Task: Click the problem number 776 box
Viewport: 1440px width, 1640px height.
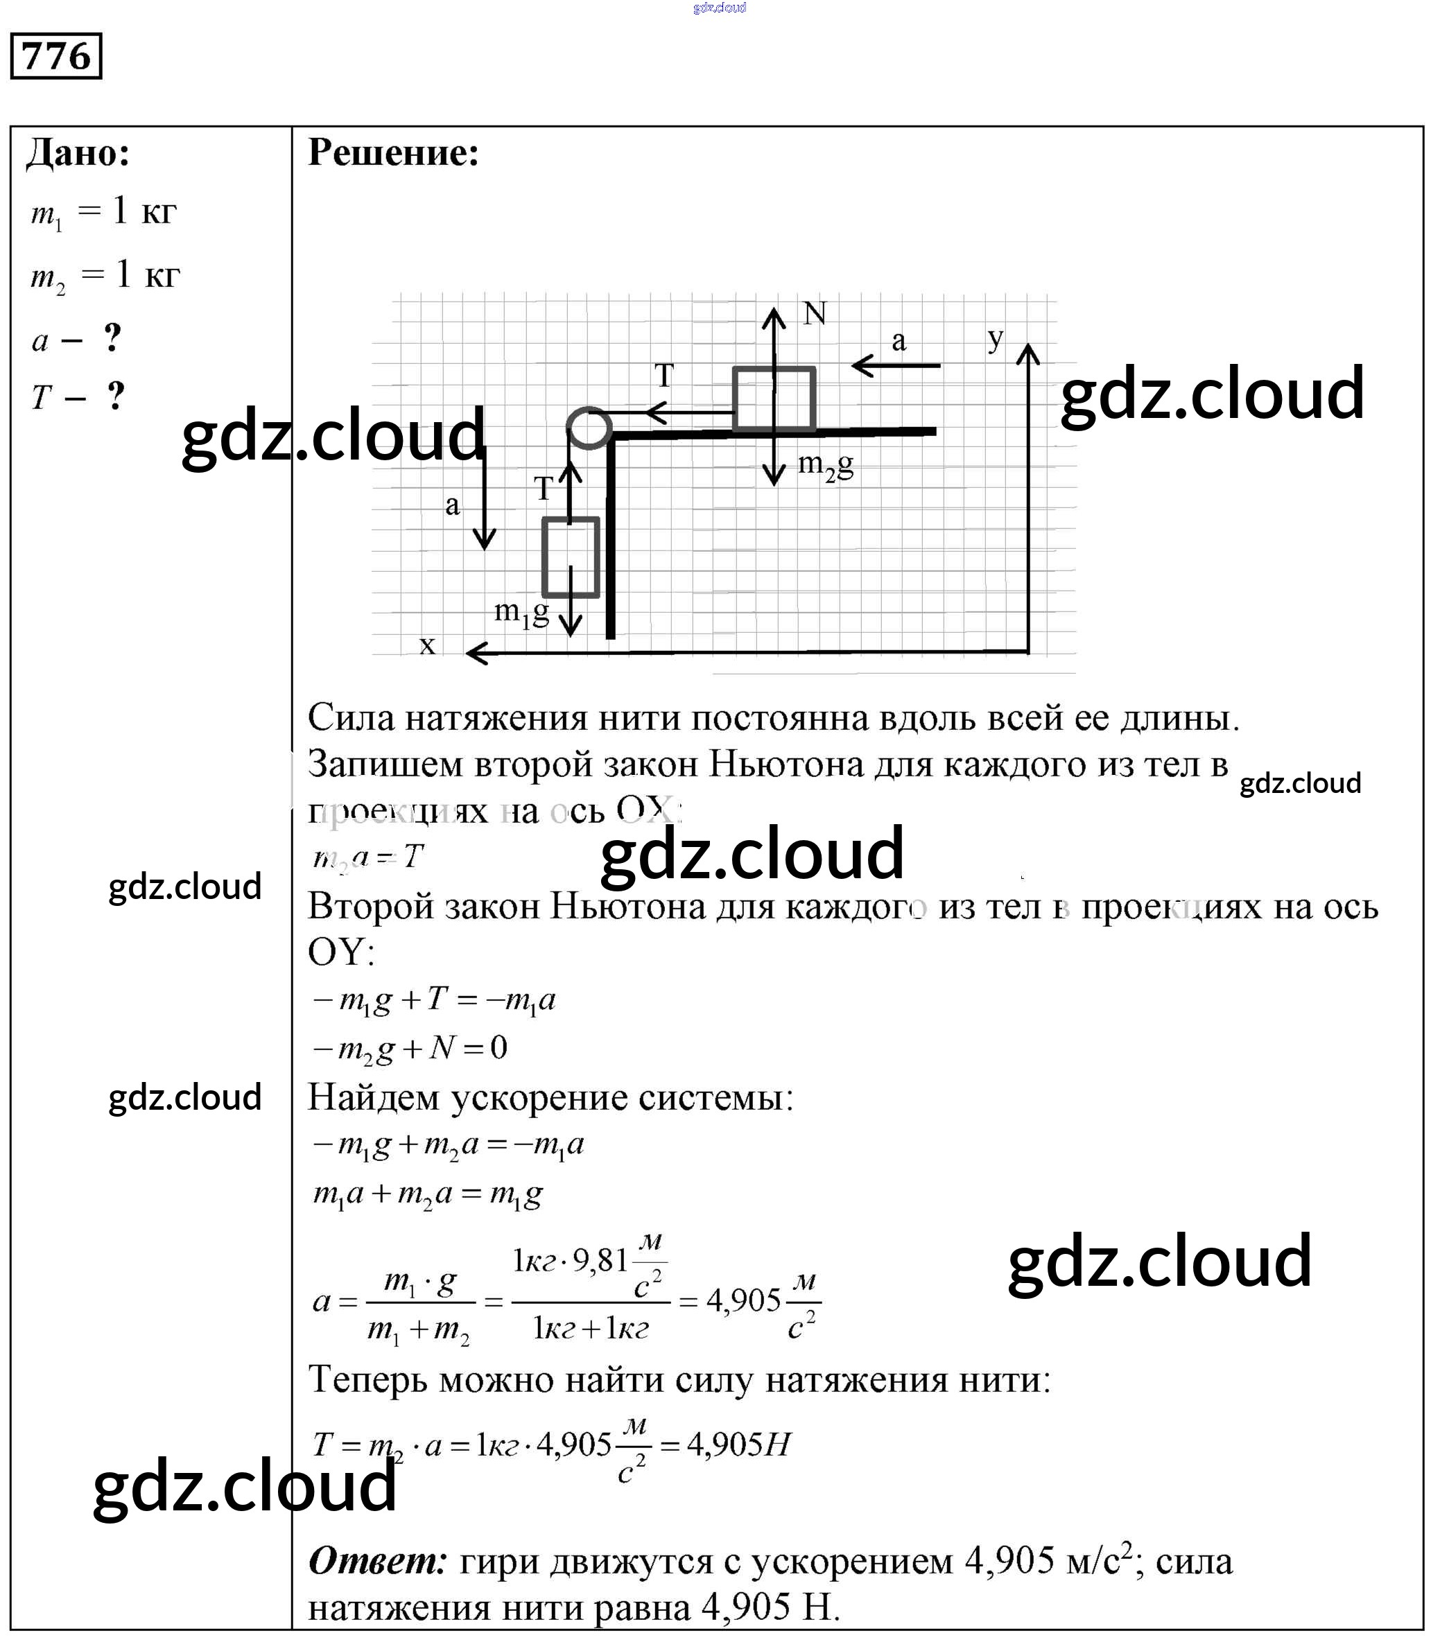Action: [55, 55]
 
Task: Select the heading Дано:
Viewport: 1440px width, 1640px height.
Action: [78, 152]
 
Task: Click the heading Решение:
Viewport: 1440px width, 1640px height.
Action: [393, 152]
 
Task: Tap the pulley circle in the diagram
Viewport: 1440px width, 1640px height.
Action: [589, 427]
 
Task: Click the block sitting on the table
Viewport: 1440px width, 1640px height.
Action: [774, 399]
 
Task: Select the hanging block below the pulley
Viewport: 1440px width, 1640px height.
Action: [571, 557]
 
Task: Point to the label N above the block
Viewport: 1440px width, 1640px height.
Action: [815, 314]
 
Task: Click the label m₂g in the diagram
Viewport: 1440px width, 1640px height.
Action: [825, 464]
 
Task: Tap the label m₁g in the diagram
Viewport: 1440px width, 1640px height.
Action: [521, 612]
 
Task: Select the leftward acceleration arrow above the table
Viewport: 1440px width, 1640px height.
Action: [895, 366]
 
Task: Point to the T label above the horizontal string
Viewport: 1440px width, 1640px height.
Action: [663, 376]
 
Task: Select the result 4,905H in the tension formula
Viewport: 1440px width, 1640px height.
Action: [739, 1445]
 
